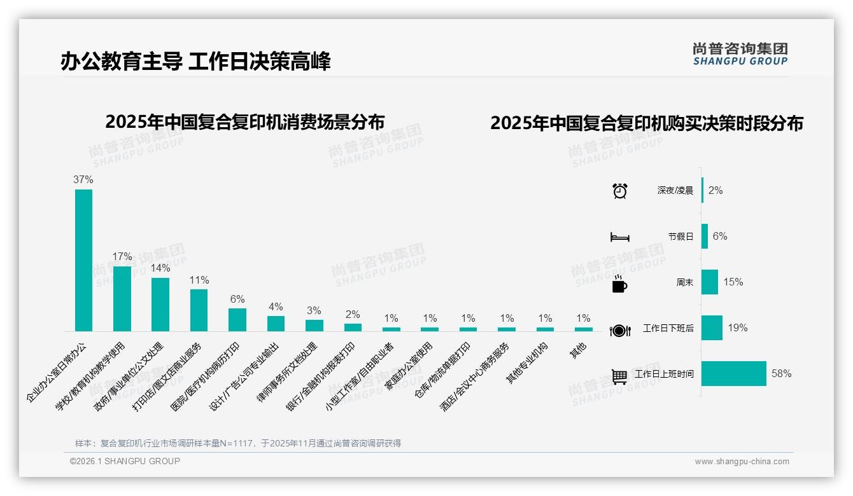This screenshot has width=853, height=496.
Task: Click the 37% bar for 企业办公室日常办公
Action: pyautogui.click(x=83, y=260)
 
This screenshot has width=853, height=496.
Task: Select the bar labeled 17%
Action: pyautogui.click(x=122, y=298)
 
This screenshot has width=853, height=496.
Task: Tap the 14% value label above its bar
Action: pyautogui.click(x=160, y=268)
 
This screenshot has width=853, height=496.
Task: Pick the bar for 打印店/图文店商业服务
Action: pyautogui.click(x=199, y=310)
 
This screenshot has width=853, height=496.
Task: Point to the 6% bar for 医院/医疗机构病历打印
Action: pyautogui.click(x=237, y=320)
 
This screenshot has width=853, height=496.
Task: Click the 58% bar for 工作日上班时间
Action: pyautogui.click(x=734, y=374)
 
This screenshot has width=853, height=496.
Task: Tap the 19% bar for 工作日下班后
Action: pyautogui.click(x=712, y=328)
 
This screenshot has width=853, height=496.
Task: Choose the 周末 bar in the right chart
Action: pyautogui.click(x=710, y=282)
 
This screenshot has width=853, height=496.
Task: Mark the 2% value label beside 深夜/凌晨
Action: pyautogui.click(x=716, y=191)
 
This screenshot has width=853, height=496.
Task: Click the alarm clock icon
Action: pyautogui.click(x=619, y=191)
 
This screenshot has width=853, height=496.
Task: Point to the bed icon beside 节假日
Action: pyautogui.click(x=619, y=237)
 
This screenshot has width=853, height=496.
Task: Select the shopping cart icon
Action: pyautogui.click(x=619, y=376)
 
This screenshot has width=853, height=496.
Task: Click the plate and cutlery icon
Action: pyautogui.click(x=619, y=331)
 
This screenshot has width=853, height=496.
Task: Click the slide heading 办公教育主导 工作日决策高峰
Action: pyautogui.click(x=195, y=62)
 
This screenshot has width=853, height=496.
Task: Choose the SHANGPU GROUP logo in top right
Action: pyautogui.click(x=740, y=54)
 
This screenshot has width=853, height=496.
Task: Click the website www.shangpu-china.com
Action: pyautogui.click(x=742, y=462)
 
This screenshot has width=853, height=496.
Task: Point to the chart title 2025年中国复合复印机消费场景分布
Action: pyautogui.click(x=245, y=121)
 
